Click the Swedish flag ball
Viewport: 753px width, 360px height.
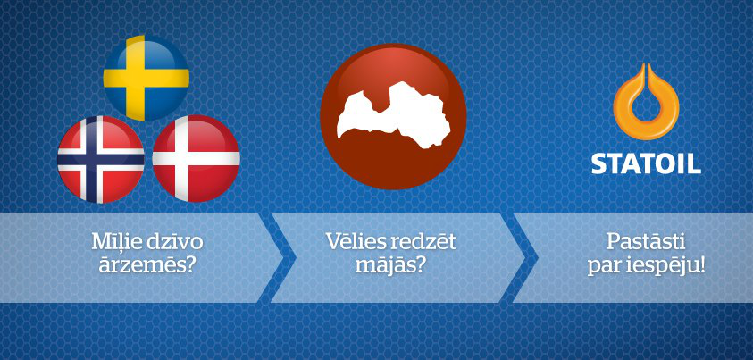tap(146, 78)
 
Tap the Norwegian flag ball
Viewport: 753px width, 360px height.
tap(100, 159)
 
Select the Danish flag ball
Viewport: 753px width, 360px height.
tap(196, 159)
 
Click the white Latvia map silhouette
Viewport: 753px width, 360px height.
tap(394, 115)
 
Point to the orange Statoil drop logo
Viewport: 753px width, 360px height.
tap(646, 102)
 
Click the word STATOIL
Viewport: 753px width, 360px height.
tap(646, 164)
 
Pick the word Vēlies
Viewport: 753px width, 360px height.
tap(355, 242)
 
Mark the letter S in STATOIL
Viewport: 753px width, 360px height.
tap(598, 164)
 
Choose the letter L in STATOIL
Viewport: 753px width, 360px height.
tap(694, 164)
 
